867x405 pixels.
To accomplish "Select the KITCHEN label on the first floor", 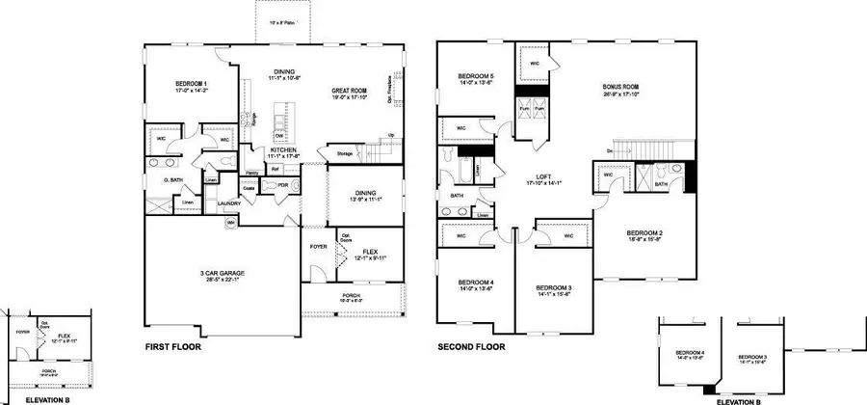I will (255, 151).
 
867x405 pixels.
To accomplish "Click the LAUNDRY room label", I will (228, 202).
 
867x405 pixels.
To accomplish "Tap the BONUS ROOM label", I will (622, 86).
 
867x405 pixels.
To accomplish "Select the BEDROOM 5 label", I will (476, 76).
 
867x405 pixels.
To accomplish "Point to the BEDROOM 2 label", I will (644, 232).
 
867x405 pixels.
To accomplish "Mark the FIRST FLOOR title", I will (176, 345).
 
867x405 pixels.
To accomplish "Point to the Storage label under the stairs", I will (344, 153).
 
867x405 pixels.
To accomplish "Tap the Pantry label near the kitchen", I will (251, 173).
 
